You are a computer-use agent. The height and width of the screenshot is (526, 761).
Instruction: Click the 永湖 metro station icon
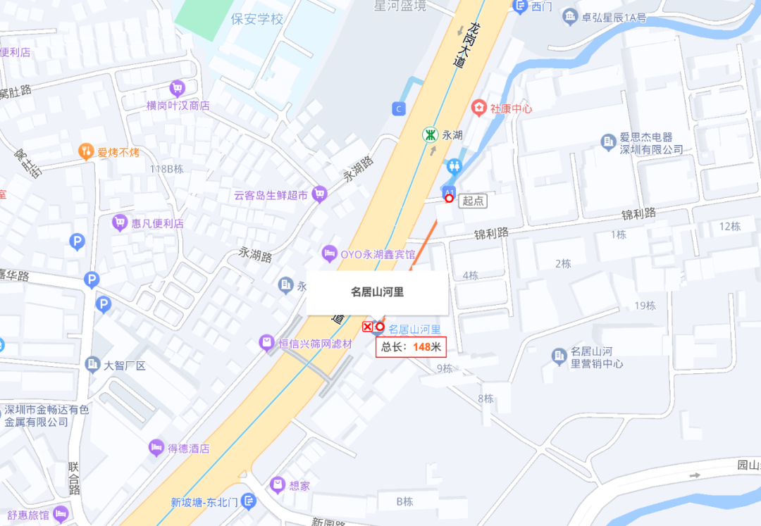coord(430,134)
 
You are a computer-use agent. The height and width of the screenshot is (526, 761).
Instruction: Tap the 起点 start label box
coord(473,201)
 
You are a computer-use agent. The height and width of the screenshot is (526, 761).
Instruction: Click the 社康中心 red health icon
coord(479,108)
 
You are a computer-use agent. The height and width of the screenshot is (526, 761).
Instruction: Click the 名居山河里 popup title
coord(377,292)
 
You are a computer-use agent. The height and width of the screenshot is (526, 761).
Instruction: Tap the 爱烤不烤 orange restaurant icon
coord(86,151)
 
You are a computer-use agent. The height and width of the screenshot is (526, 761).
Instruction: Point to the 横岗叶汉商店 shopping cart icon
coord(177,89)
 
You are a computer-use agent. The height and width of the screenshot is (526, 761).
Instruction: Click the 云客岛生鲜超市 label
coord(271,195)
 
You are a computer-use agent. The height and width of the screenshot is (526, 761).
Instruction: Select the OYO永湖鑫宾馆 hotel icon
coord(329,253)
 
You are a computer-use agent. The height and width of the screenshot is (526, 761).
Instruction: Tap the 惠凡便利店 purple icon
coord(120,223)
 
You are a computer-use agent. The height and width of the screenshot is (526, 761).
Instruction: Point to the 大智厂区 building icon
coord(92,364)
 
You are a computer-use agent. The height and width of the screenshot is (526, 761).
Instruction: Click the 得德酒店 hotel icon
coord(156,448)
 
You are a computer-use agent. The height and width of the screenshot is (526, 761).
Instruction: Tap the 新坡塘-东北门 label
coord(204,502)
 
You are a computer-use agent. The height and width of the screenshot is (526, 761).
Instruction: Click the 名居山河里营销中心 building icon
coord(559,356)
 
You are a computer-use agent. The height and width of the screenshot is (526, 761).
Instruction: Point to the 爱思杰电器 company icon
coord(608,142)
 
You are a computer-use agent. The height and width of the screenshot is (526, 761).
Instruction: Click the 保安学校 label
coord(257,19)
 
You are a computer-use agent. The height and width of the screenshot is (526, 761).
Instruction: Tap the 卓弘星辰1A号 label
coord(613,18)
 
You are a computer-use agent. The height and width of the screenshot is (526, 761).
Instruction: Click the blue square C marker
coord(400,108)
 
